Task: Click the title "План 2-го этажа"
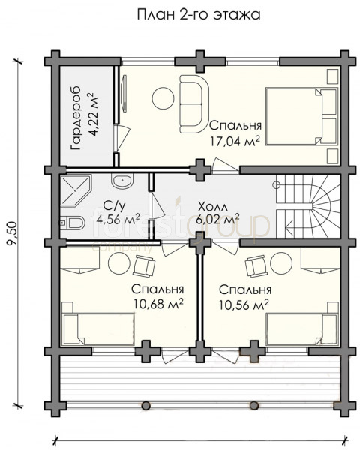click(x=199, y=15)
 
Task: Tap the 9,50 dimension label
click(x=13, y=233)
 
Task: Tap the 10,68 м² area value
click(x=158, y=304)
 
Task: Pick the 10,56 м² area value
click(x=244, y=304)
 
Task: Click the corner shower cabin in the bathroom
click(x=76, y=190)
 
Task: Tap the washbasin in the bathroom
click(x=122, y=181)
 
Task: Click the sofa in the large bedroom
click(x=194, y=103)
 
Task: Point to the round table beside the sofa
click(x=163, y=97)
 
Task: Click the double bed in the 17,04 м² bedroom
click(x=301, y=117)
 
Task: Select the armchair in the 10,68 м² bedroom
click(x=144, y=265)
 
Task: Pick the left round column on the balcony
click(x=145, y=405)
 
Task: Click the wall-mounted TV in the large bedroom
click(x=124, y=93)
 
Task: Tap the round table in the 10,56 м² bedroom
click(x=281, y=262)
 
